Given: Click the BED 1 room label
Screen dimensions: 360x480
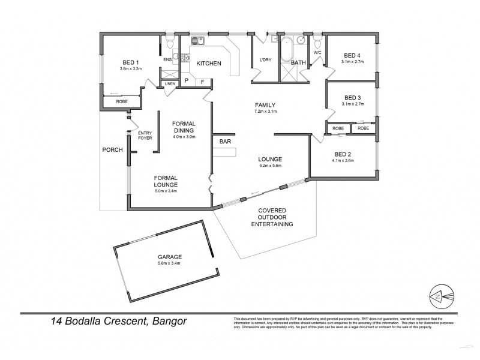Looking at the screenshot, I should pyautogui.click(x=131, y=62).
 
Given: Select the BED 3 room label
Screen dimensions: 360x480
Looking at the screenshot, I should pyautogui.click(x=353, y=98).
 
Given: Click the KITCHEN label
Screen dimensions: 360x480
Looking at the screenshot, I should pyautogui.click(x=209, y=63).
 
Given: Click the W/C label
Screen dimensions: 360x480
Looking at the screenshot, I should pyautogui.click(x=318, y=52).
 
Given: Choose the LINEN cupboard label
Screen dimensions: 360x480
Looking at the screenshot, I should pyautogui.click(x=170, y=83).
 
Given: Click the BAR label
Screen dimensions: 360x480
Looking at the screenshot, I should pyautogui.click(x=225, y=142).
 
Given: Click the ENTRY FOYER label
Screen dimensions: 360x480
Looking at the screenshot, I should pyautogui.click(x=145, y=136).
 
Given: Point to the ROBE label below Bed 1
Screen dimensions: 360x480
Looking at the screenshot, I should pyautogui.click(x=122, y=102).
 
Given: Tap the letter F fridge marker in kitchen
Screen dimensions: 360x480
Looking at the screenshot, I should pyautogui.click(x=202, y=81).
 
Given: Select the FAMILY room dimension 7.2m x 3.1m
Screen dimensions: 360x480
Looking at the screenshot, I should pyautogui.click(x=265, y=111).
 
